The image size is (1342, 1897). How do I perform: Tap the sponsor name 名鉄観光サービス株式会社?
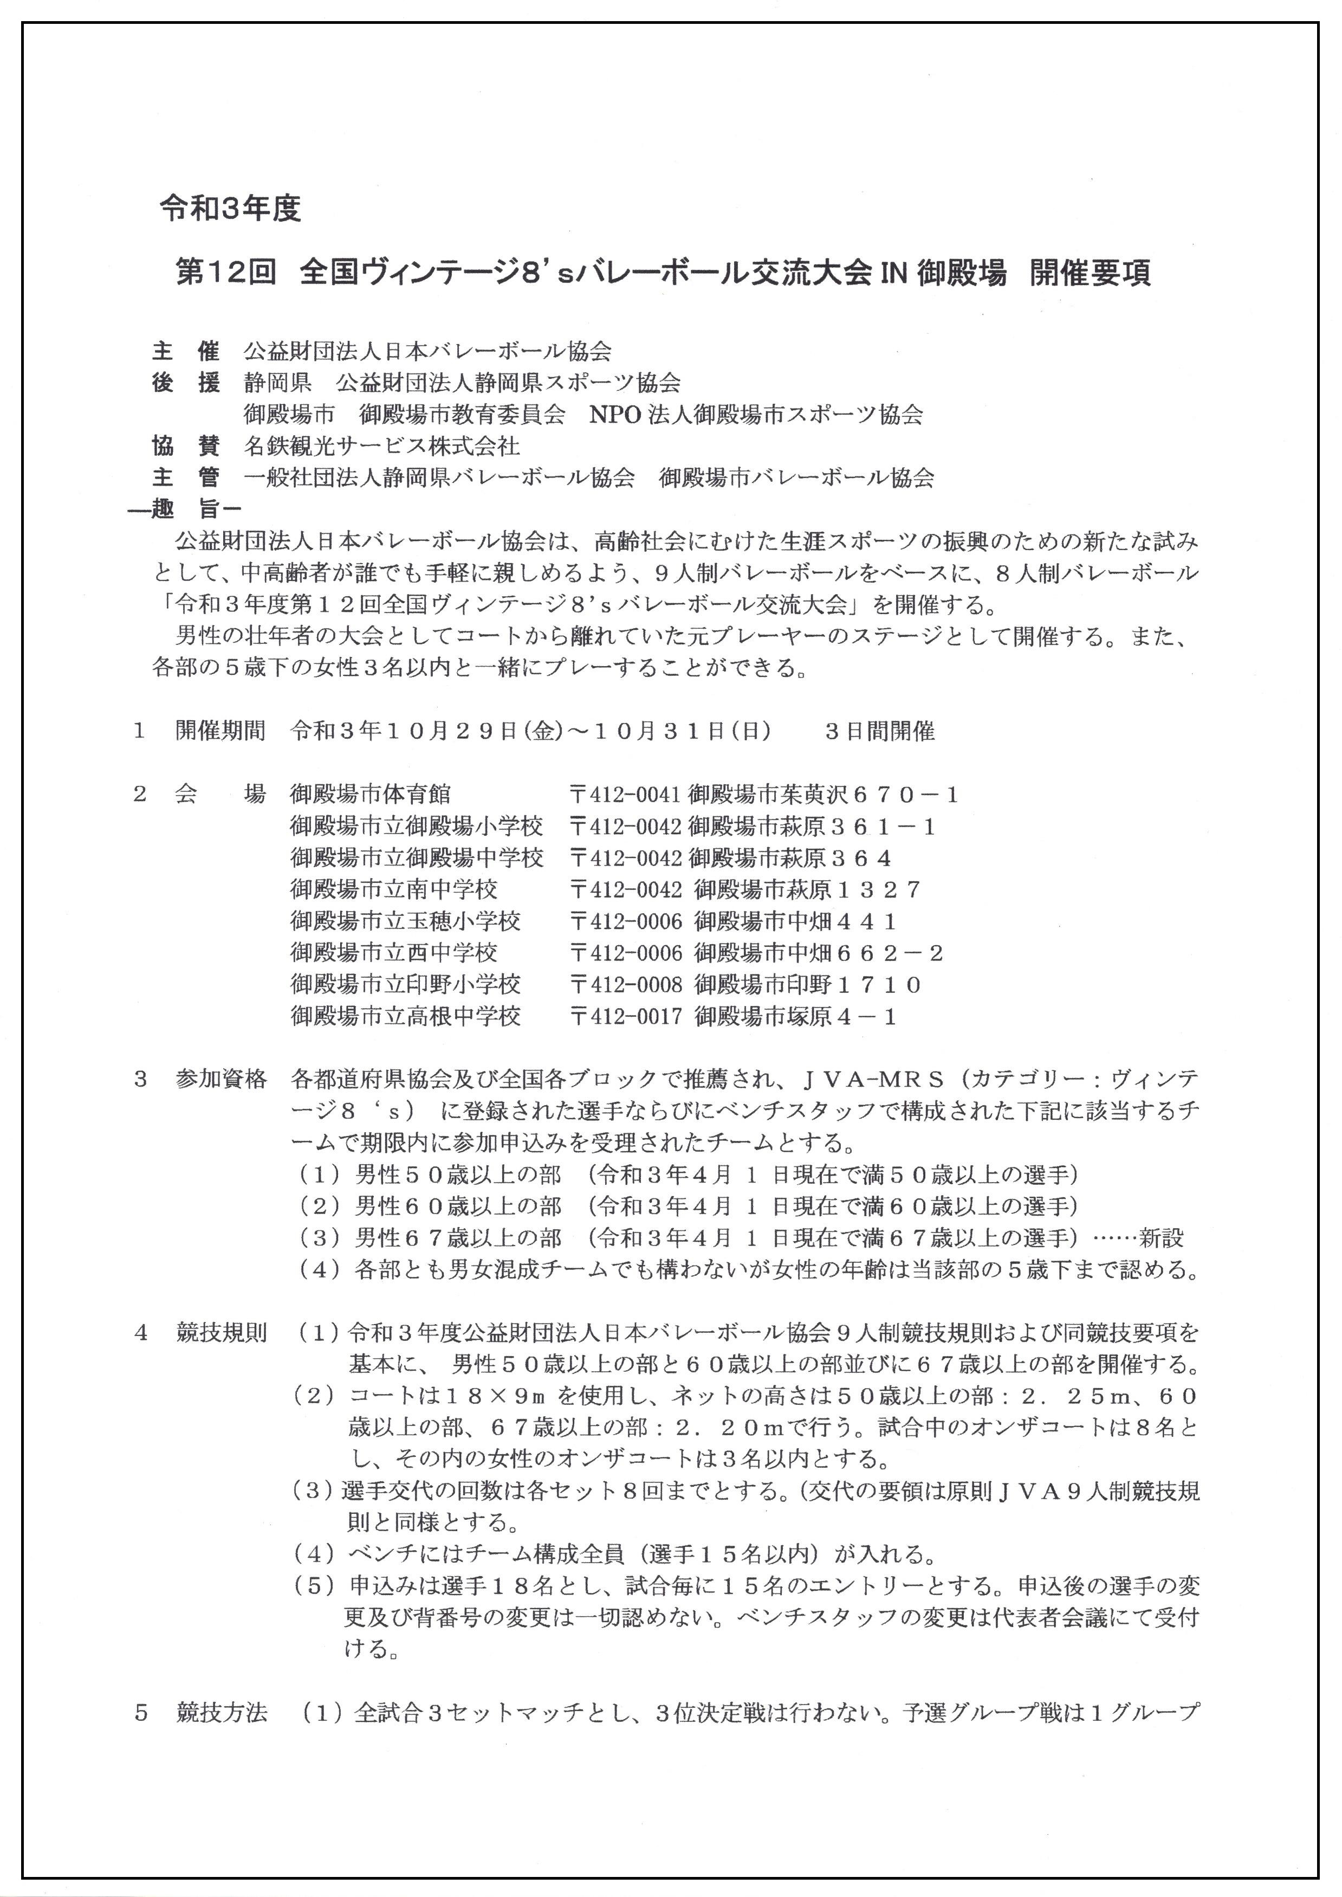pyautogui.click(x=382, y=447)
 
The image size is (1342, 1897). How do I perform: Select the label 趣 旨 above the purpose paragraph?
pyautogui.click(x=185, y=509)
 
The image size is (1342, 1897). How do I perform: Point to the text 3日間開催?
pyautogui.click(x=879, y=732)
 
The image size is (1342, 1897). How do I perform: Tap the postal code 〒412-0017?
pyautogui.click(x=626, y=1017)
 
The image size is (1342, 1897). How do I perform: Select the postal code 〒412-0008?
pyautogui.click(x=626, y=985)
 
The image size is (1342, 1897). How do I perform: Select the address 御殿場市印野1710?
pyautogui.click(x=807, y=985)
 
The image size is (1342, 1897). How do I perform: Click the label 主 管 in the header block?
pyautogui.click(x=185, y=478)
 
